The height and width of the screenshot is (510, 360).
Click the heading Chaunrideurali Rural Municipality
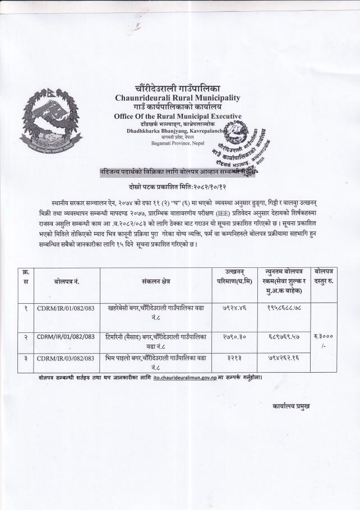click(x=178, y=98)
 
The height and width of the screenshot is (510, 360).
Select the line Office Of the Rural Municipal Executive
click(x=178, y=116)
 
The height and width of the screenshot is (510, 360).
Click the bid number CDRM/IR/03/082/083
click(x=65, y=358)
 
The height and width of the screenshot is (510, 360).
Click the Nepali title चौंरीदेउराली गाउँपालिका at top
click(x=178, y=89)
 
